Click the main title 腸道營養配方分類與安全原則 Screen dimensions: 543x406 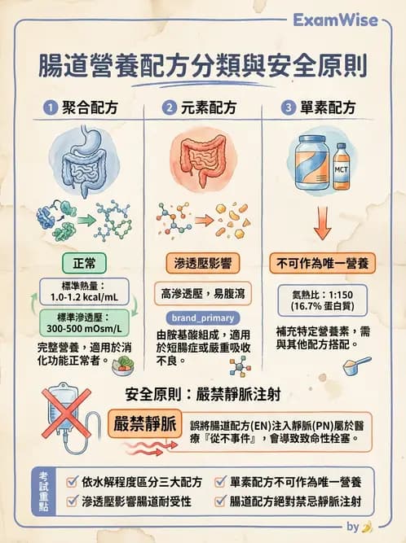pyautogui.click(x=203, y=66)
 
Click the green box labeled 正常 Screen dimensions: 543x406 pyautogui.click(x=84, y=264)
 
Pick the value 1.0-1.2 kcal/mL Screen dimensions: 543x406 pyautogui.click(x=84, y=299)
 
